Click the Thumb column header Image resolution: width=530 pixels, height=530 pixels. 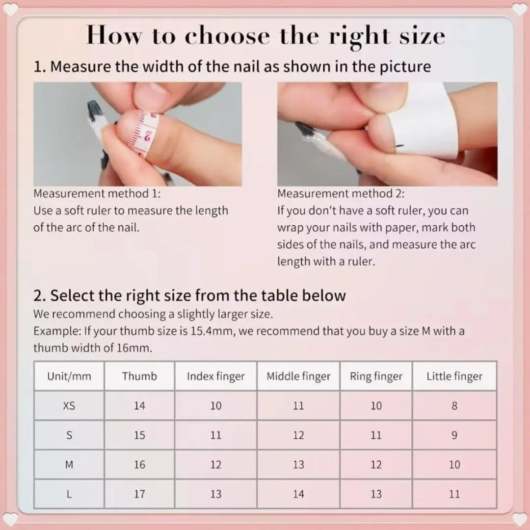click(139, 376)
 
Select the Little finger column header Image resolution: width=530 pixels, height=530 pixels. click(454, 376)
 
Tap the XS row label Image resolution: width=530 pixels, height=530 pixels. click(69, 406)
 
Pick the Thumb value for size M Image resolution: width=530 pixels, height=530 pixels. click(139, 464)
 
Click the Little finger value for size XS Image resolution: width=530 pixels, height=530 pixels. click(454, 406)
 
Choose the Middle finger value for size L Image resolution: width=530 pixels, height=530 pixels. click(298, 494)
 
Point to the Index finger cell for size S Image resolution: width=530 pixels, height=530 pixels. click(215, 435)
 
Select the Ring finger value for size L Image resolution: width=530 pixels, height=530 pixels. click(376, 494)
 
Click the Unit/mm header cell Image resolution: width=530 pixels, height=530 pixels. click(69, 376)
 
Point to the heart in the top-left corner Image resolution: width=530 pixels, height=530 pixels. click(10, 9)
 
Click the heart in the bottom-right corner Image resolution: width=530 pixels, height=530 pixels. click(519, 520)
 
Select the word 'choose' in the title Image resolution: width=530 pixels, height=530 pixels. click(227, 36)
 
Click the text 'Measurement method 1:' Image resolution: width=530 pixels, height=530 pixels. click(97, 194)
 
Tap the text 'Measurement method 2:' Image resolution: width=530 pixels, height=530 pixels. click(341, 194)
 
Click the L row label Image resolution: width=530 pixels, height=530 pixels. click(69, 494)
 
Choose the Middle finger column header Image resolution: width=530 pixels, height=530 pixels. click(298, 376)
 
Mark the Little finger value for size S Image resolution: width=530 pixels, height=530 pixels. click(454, 435)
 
